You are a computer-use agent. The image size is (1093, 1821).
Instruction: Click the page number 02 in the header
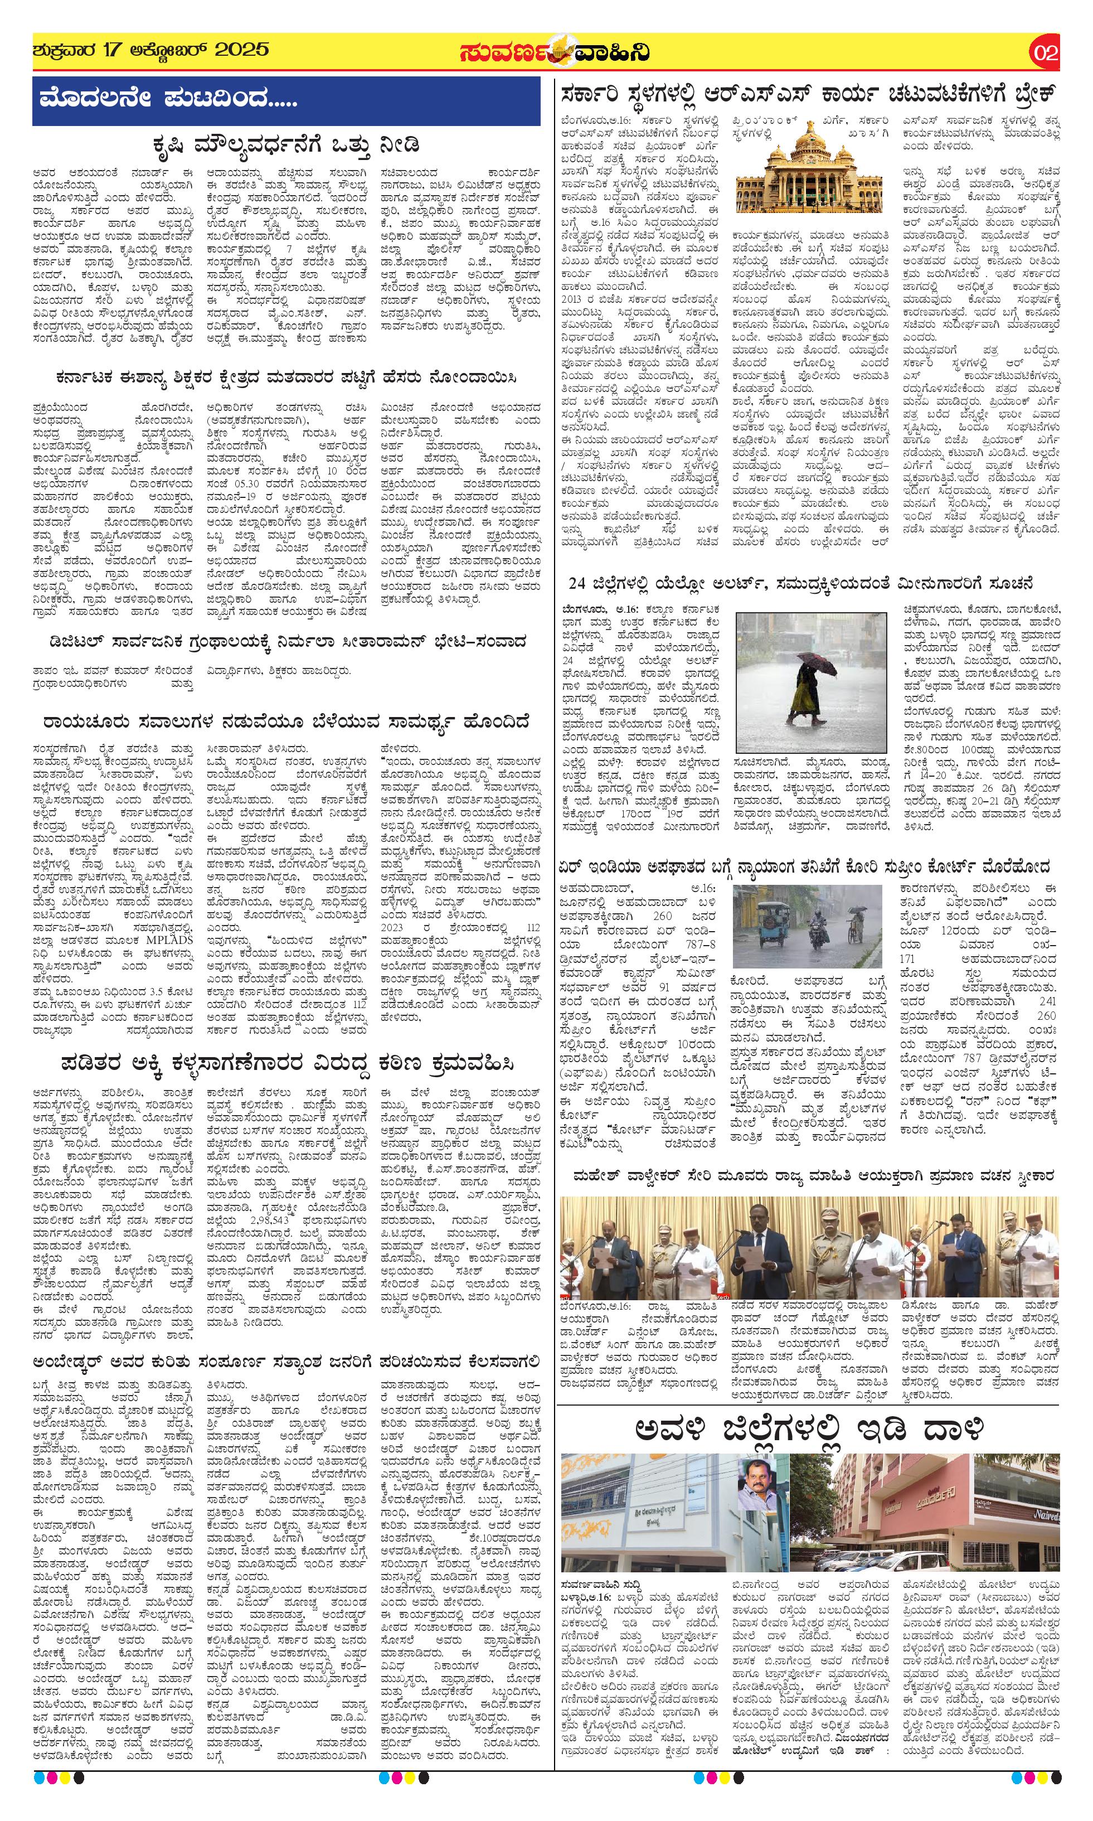pyautogui.click(x=1045, y=53)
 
